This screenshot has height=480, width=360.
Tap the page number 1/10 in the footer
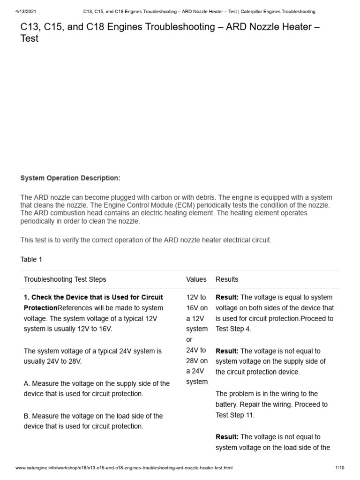[340, 468]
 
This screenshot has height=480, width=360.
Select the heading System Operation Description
[70, 178]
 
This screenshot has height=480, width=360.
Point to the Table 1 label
[31, 259]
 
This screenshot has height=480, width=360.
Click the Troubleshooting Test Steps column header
[65, 279]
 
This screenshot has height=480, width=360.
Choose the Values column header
[196, 279]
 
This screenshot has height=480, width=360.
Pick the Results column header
[227, 279]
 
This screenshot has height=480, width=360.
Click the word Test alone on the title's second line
[29, 39]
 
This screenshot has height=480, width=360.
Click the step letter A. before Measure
[27, 383]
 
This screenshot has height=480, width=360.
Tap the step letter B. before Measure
[27, 416]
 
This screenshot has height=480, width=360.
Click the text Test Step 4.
[233, 329]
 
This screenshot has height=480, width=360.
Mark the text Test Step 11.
[235, 415]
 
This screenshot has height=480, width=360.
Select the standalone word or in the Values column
[189, 339]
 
